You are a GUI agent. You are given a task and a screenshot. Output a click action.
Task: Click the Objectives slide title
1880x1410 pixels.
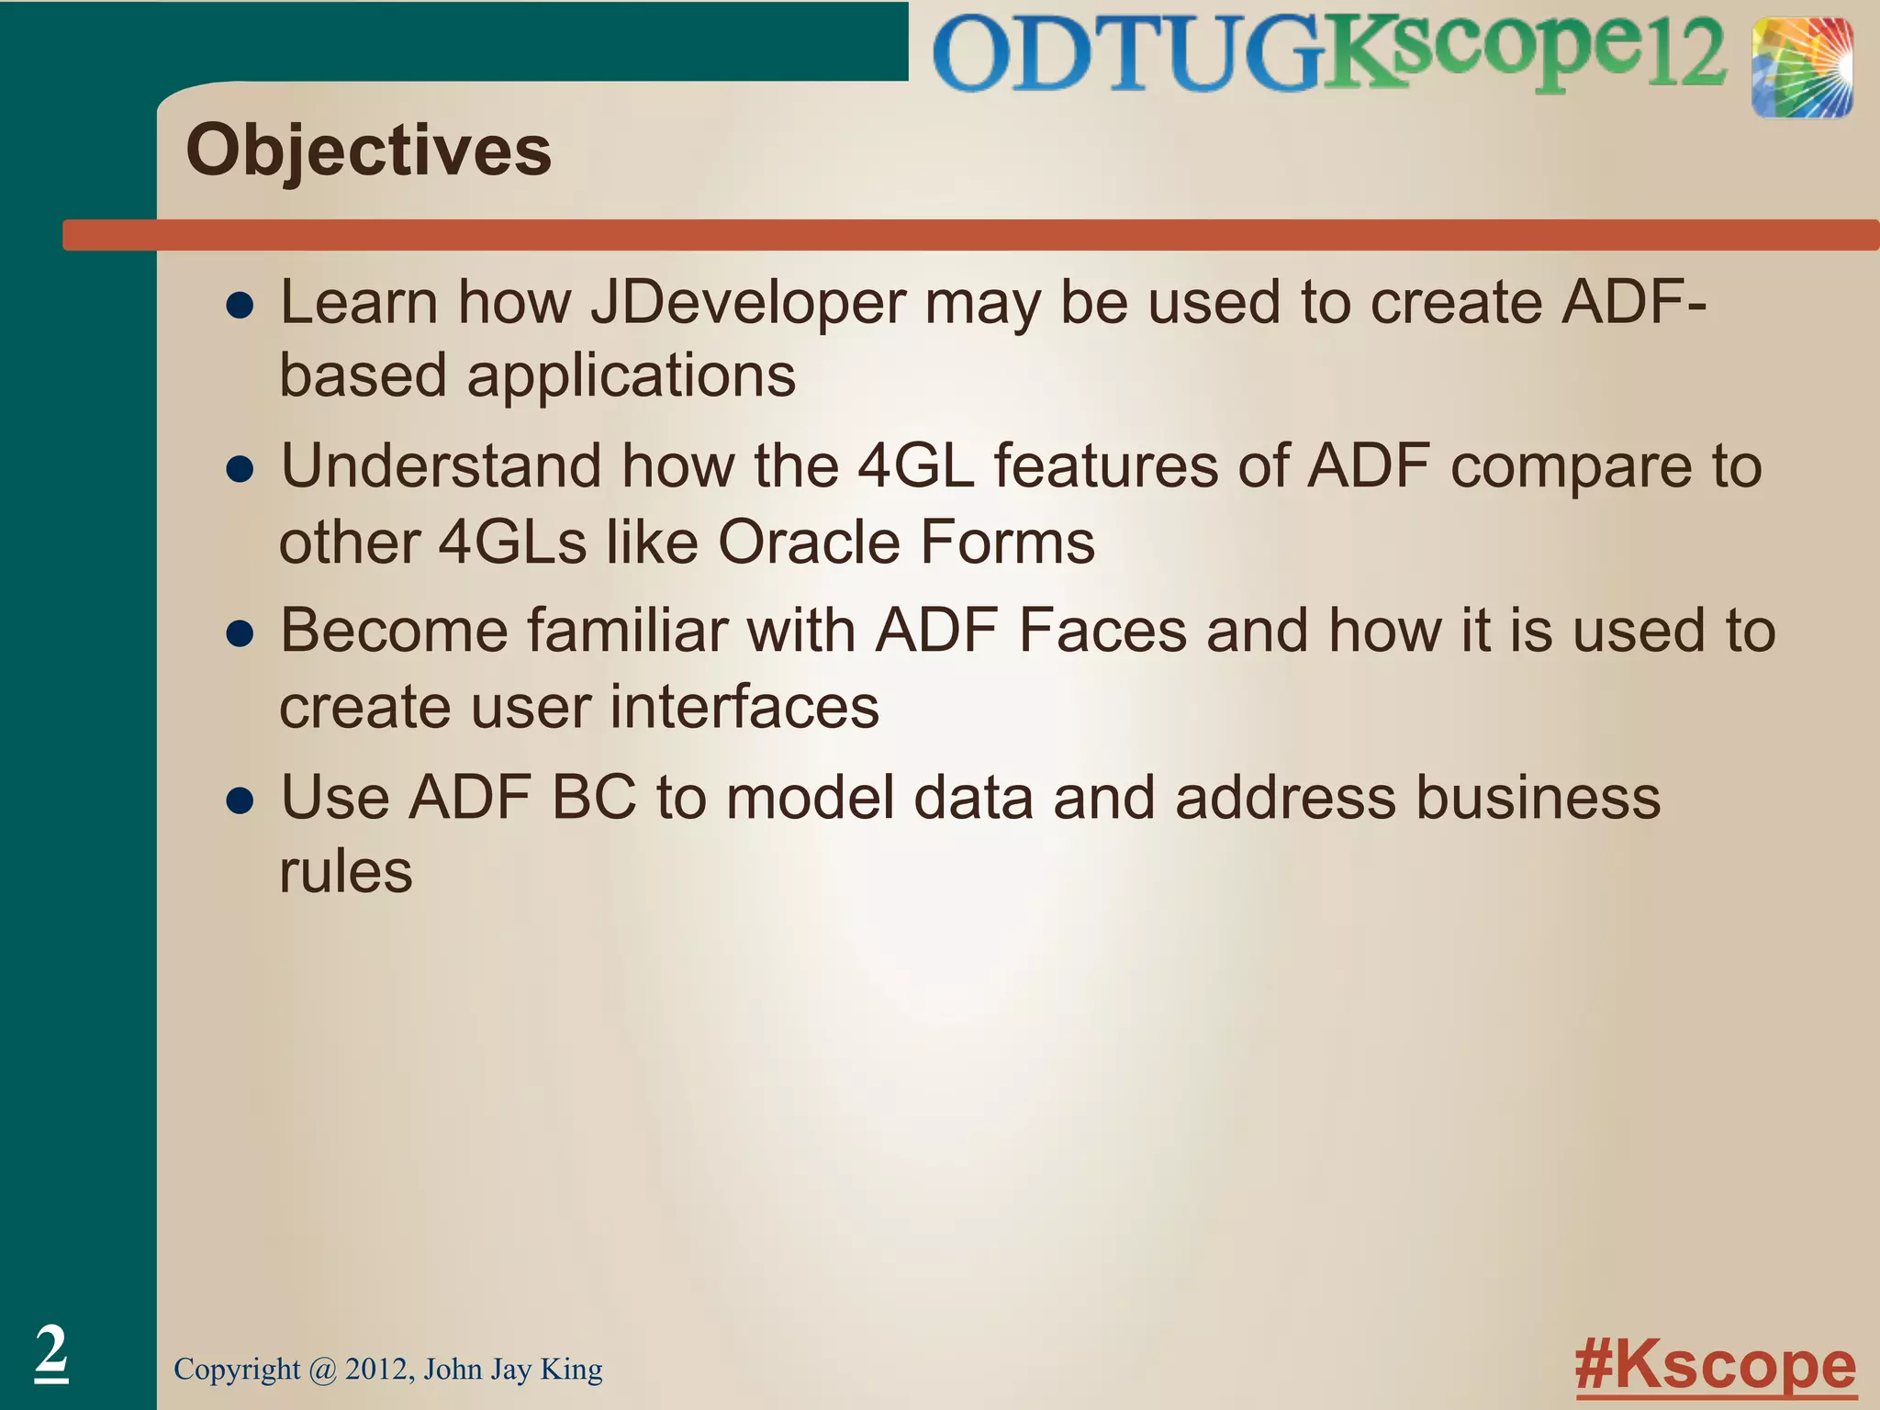[x=368, y=151]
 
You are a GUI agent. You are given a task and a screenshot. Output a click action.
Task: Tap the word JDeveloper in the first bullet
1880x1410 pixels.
[x=747, y=304]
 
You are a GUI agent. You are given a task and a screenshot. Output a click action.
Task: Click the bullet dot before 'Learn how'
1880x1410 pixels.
[x=240, y=307]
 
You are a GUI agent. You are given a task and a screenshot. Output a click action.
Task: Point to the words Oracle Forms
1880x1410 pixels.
[x=906, y=543]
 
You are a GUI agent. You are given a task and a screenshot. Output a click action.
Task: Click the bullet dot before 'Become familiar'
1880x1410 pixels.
[x=240, y=634]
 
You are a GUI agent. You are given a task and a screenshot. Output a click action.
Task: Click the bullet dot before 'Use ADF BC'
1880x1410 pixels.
[x=240, y=800]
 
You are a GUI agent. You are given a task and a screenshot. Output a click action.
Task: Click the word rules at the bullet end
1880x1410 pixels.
[x=346, y=871]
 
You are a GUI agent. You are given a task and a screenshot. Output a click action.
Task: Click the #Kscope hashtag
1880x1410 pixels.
[x=1715, y=1367]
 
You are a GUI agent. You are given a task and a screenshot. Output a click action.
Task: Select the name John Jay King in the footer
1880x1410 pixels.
[x=513, y=1369]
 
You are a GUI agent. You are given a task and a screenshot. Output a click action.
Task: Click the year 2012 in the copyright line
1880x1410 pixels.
[x=379, y=1369]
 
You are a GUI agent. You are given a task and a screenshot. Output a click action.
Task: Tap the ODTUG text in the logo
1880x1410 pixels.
[x=1125, y=55]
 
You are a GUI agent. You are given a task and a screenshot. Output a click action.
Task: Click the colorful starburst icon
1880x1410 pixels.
[x=1801, y=68]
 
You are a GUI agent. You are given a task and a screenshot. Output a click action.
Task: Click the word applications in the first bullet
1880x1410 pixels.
[x=631, y=377]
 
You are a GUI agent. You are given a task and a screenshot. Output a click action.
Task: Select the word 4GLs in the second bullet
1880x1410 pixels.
[x=512, y=543]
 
